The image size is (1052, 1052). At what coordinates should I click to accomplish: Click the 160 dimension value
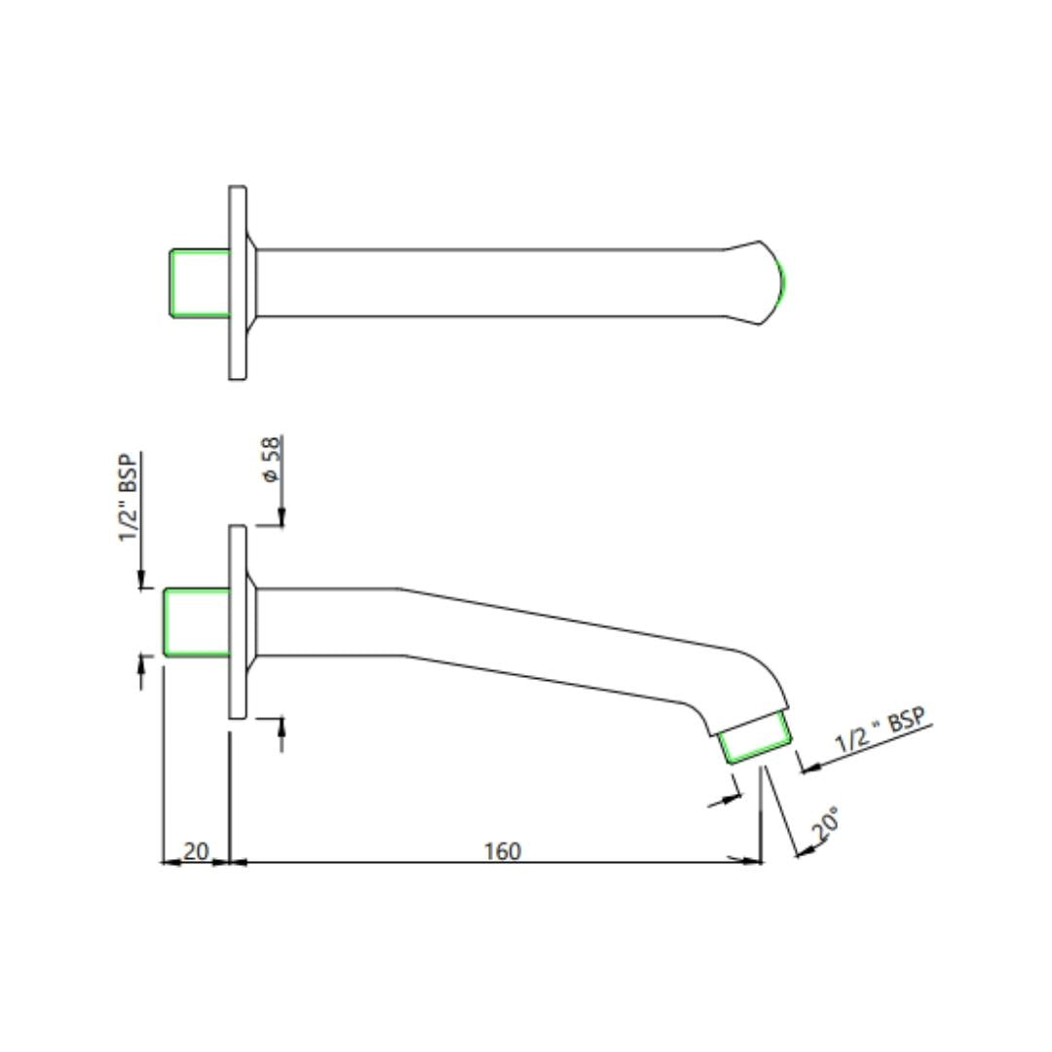tap(503, 850)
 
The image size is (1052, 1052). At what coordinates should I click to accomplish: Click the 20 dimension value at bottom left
tap(196, 850)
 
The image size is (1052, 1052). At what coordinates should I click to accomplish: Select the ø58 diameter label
tap(271, 459)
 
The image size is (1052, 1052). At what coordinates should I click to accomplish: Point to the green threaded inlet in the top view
tap(200, 282)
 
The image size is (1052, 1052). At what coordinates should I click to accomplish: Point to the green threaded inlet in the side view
tap(197, 621)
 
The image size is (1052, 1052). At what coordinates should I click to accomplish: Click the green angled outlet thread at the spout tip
tap(756, 738)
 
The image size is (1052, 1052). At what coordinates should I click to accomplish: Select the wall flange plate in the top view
tap(238, 282)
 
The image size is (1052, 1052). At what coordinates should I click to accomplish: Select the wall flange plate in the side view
tap(238, 621)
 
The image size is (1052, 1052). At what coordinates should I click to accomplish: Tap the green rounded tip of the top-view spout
tap(781, 282)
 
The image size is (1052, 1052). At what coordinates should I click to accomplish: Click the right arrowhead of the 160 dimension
tap(752, 861)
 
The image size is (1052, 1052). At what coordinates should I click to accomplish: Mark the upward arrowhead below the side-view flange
tap(282, 727)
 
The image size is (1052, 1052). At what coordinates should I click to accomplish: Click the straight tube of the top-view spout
tap(487, 282)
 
